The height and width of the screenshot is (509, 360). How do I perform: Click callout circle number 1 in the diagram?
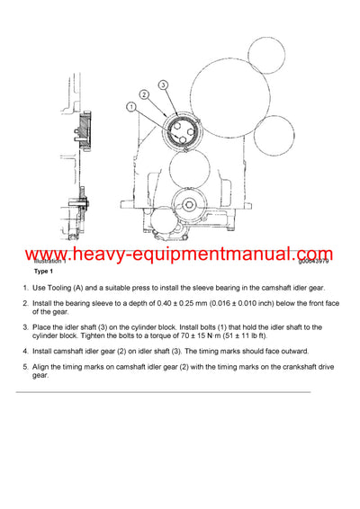(x=130, y=107)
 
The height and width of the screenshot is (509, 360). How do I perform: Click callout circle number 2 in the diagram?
(x=142, y=94)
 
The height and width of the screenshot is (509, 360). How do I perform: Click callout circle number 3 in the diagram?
(x=163, y=85)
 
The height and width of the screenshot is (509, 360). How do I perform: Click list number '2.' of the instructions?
(x=26, y=303)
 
